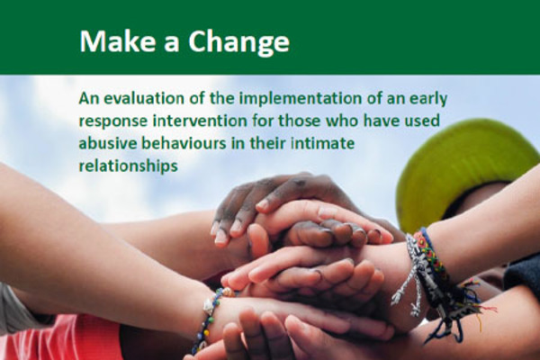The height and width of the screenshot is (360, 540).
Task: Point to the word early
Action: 428,100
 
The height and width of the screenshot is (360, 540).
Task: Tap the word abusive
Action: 108,143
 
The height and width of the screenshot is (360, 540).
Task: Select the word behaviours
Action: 184,143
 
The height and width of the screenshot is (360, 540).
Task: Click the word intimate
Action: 323,143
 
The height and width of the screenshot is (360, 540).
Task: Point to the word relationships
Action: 129,166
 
